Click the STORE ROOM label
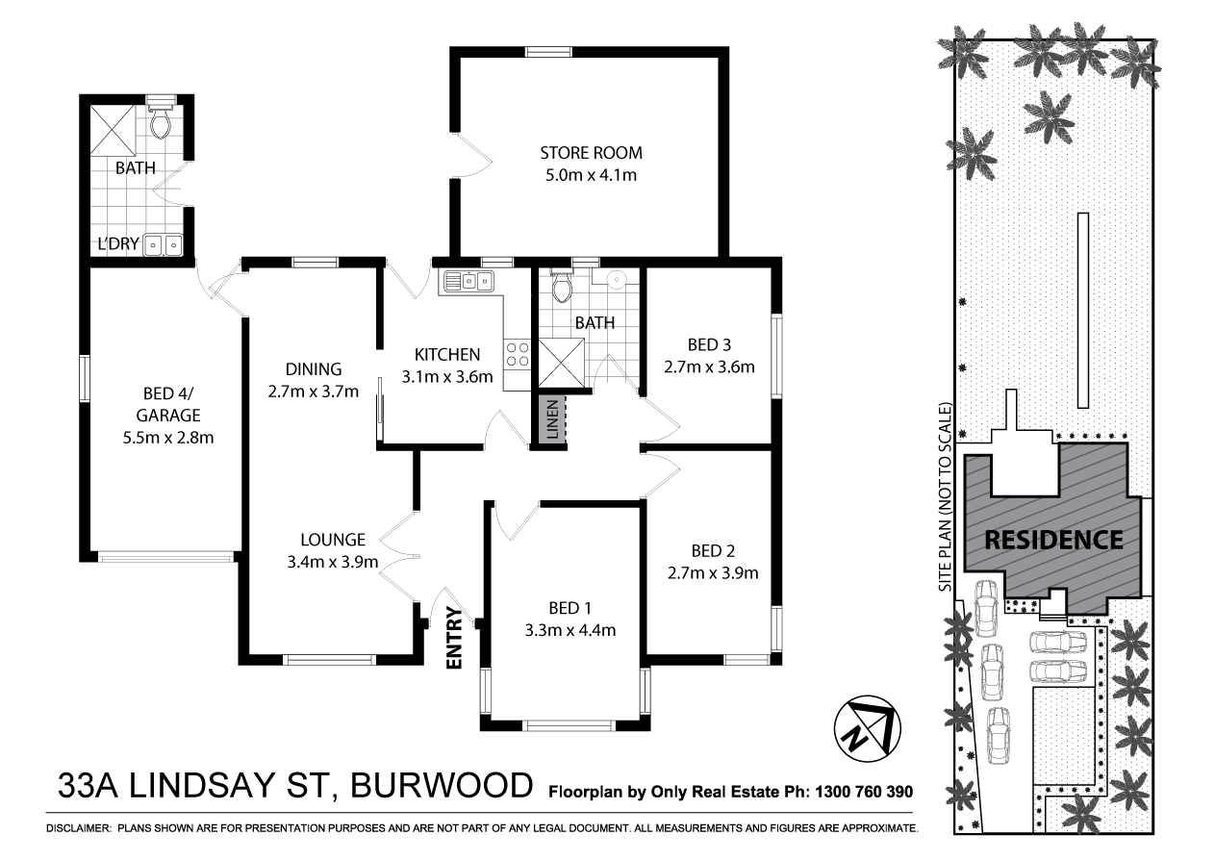coord(591,153)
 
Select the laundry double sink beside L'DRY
coord(163,246)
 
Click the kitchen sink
coord(468,281)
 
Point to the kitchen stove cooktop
coord(517,354)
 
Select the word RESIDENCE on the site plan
coord(1052,539)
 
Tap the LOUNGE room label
coord(332,540)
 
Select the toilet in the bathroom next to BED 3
coord(563,286)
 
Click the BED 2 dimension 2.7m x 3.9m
coord(713,574)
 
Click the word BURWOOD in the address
coord(442,785)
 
